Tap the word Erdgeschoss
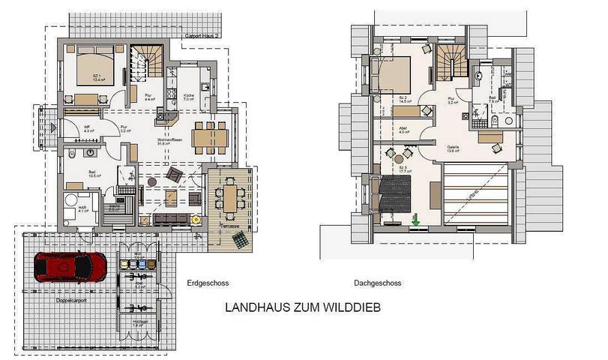point(206,283)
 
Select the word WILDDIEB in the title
point(358,308)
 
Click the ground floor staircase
point(146,61)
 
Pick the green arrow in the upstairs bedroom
point(415,220)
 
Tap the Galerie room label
point(454,148)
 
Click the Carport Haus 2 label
point(201,36)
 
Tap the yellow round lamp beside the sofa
point(195,219)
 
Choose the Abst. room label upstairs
point(403,127)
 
